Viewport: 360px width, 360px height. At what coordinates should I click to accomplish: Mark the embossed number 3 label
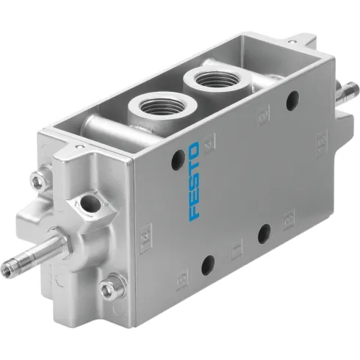coord(286,218)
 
